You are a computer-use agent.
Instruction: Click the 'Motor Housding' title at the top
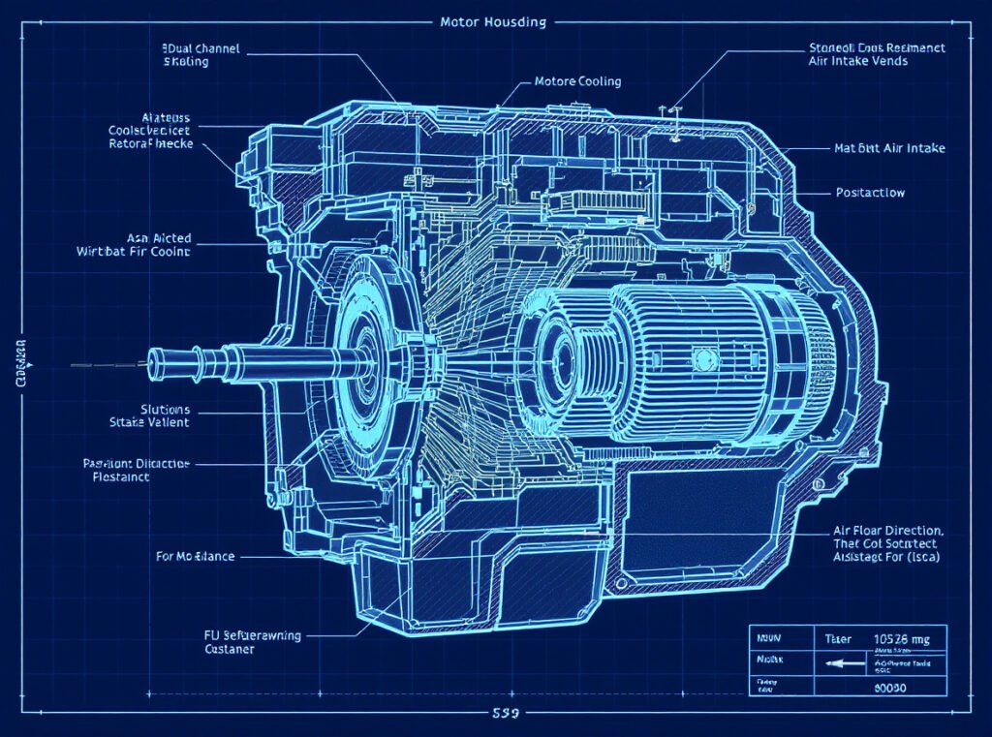[493, 21]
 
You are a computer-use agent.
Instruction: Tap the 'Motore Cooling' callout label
[577, 81]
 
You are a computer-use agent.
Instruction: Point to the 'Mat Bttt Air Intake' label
[889, 148]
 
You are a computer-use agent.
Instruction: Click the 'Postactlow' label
[870, 193]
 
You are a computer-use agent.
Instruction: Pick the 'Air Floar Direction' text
[887, 532]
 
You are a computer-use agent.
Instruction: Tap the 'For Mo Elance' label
[195, 557]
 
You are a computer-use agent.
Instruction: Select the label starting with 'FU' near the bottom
[239, 635]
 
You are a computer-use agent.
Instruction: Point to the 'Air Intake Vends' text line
[857, 61]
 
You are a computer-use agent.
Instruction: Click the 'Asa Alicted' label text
[159, 237]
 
